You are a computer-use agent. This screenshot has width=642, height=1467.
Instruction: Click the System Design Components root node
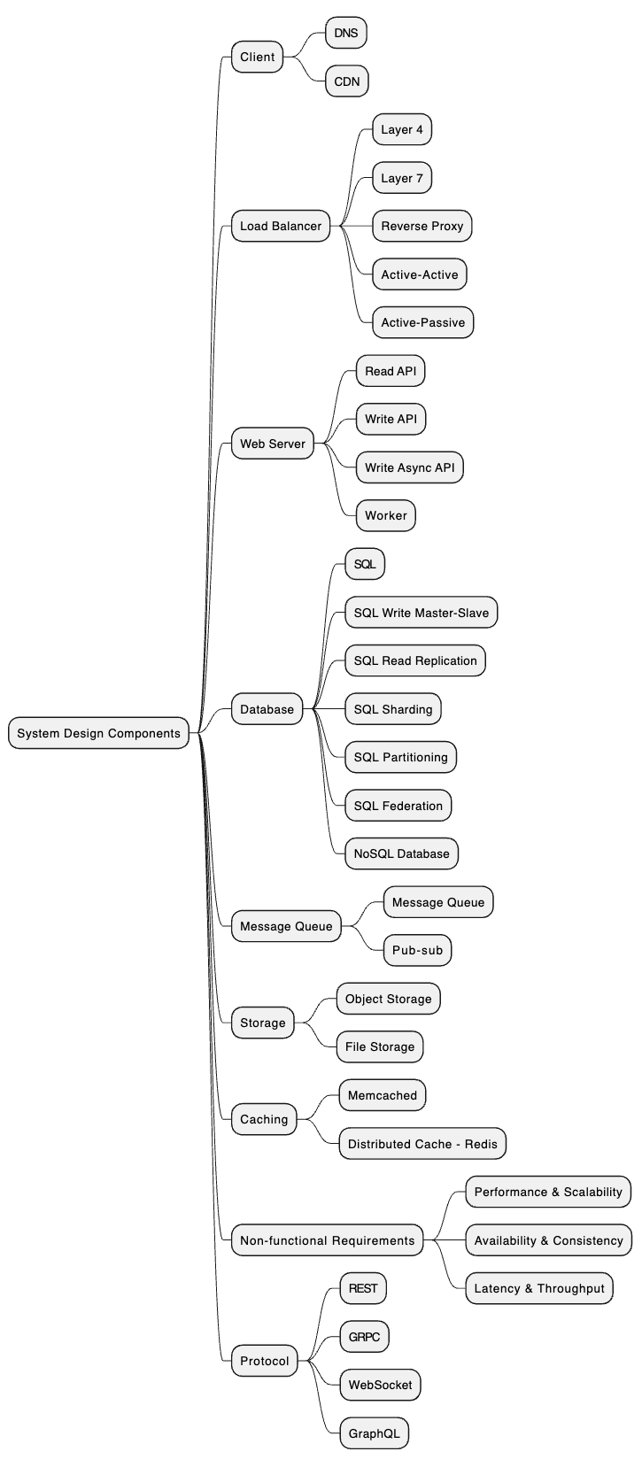click(x=98, y=733)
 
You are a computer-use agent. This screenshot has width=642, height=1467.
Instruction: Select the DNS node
click(x=346, y=33)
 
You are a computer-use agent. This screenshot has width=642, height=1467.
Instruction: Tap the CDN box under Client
click(x=346, y=81)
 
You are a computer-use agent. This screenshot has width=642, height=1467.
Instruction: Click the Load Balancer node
click(x=281, y=226)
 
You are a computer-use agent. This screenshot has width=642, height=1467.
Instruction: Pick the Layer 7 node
click(x=402, y=178)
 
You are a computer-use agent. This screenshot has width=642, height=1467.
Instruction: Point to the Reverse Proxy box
click(x=422, y=226)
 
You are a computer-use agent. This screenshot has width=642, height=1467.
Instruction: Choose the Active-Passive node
click(x=422, y=322)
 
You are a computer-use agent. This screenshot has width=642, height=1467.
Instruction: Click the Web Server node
click(x=273, y=444)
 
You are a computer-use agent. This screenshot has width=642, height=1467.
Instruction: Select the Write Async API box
click(x=409, y=467)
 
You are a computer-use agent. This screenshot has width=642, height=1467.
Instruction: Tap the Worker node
click(x=386, y=515)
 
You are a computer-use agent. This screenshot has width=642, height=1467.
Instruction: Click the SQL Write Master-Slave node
click(x=421, y=613)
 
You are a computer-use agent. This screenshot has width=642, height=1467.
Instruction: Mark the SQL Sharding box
click(x=393, y=709)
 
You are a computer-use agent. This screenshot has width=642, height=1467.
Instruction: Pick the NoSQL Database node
click(x=401, y=853)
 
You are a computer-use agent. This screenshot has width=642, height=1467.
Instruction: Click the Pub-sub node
click(x=417, y=951)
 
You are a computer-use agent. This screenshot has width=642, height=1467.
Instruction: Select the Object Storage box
click(x=388, y=999)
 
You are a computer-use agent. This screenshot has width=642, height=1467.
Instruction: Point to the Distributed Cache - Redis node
click(x=422, y=1144)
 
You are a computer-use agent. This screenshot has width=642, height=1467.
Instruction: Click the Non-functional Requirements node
click(x=327, y=1240)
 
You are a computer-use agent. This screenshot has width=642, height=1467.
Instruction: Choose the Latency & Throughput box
click(x=539, y=1288)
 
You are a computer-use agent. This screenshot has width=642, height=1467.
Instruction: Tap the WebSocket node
click(x=380, y=1385)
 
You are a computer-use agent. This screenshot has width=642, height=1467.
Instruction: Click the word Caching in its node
click(x=264, y=1119)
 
